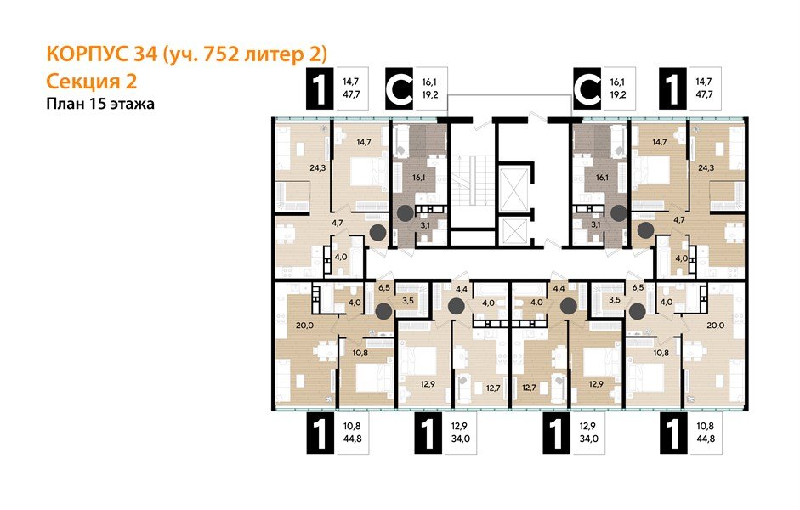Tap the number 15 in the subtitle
pyautogui.click(x=98, y=104)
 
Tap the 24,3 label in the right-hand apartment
pyautogui.click(x=705, y=168)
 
